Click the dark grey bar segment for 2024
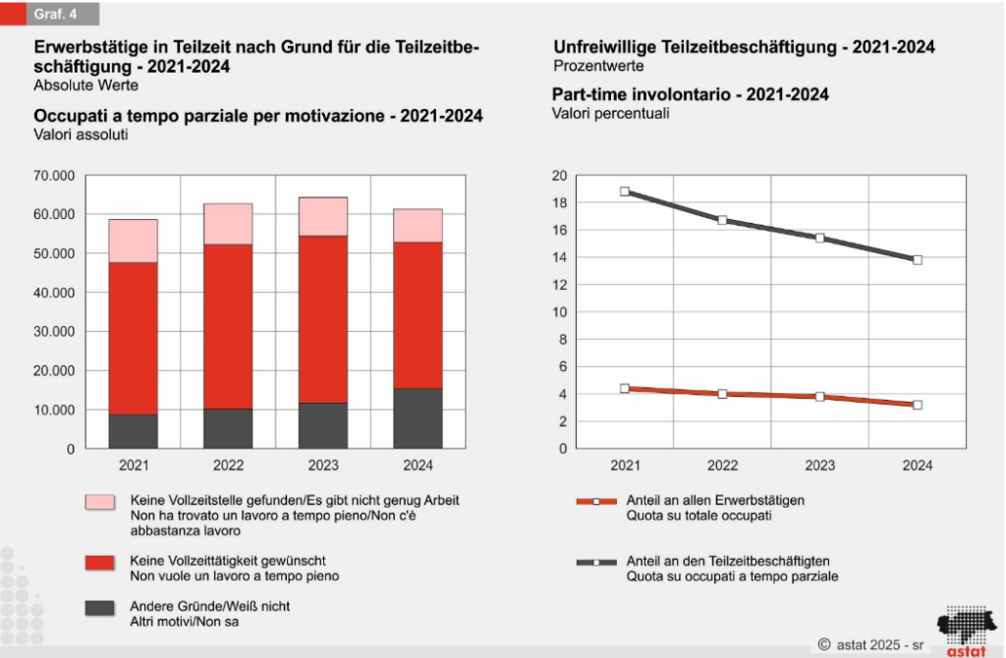[x=418, y=418]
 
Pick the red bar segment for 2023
[x=323, y=319]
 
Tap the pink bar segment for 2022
[x=228, y=224]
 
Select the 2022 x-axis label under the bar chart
[x=228, y=466]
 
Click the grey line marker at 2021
[x=625, y=192]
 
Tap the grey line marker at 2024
[x=918, y=260]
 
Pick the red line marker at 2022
[x=722, y=394]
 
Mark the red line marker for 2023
[x=819, y=397]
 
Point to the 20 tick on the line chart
[x=560, y=176]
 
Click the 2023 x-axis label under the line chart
[x=819, y=466]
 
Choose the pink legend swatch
[x=99, y=502]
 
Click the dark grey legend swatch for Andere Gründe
[x=99, y=608]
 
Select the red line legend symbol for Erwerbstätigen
[x=595, y=501]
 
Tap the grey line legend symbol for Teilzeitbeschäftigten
[x=595, y=563]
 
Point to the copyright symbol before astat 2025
[x=824, y=644]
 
